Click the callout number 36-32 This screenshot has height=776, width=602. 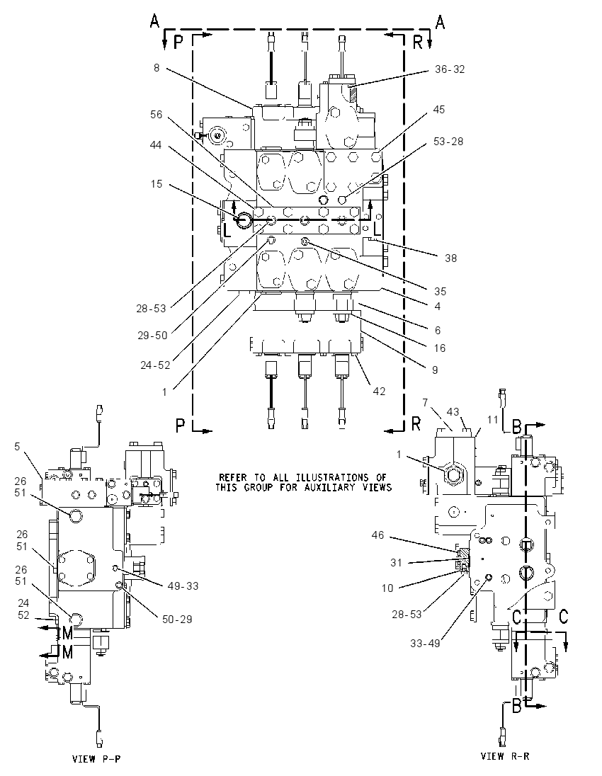pyautogui.click(x=450, y=69)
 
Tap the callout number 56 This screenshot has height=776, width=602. pyautogui.click(x=157, y=114)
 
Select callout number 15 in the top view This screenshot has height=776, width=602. pyautogui.click(x=157, y=184)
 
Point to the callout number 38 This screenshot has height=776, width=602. pyautogui.click(x=450, y=258)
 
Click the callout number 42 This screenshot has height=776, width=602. pyautogui.click(x=379, y=391)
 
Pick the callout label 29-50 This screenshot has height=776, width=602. pyautogui.click(x=152, y=335)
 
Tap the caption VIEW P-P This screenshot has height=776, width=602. pyautogui.click(x=96, y=759)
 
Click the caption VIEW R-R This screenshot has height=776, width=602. pyautogui.click(x=505, y=755)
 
